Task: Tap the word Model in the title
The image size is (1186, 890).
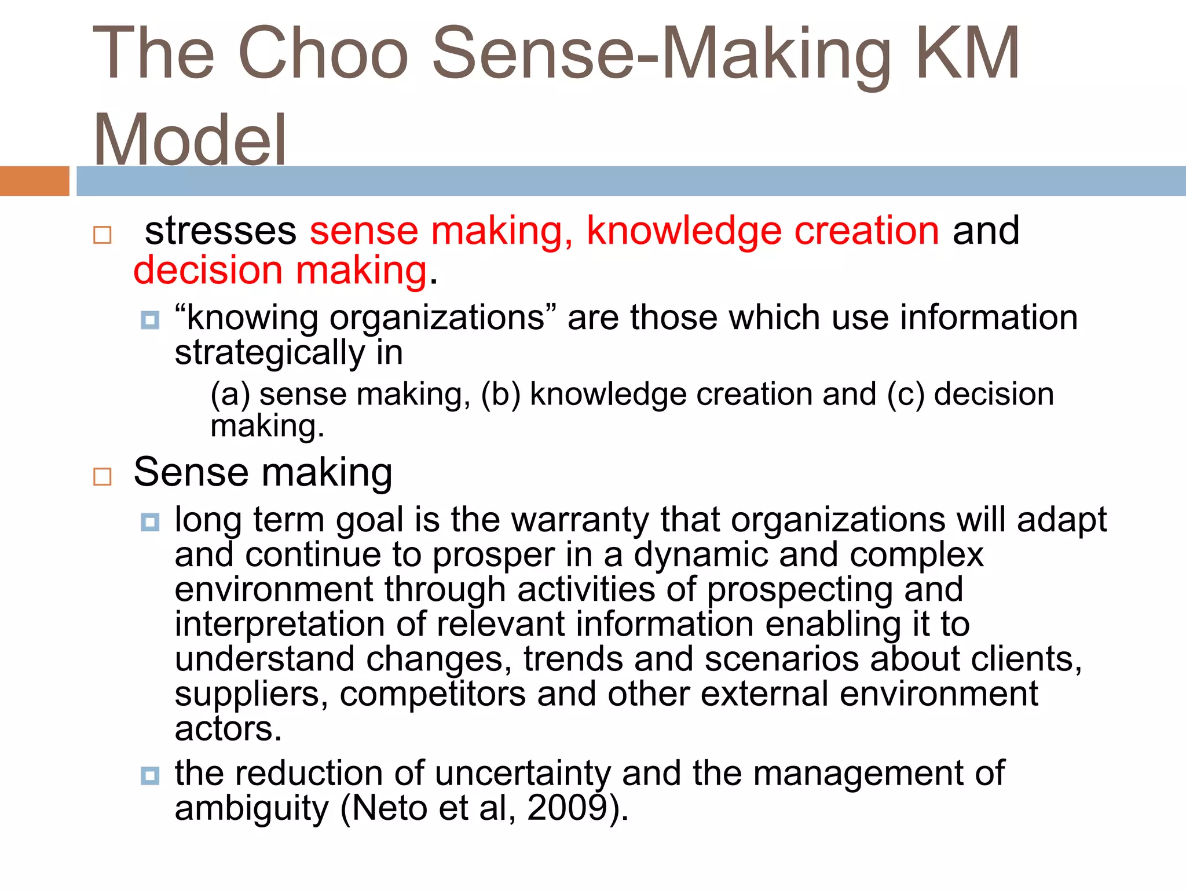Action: pos(189,140)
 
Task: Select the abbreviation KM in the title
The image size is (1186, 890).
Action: pos(968,53)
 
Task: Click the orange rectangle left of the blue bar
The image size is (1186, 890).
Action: pos(34,181)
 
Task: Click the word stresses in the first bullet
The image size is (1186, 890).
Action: pos(221,231)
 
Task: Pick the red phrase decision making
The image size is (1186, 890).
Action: pos(280,271)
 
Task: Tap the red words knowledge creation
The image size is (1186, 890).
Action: pos(763,231)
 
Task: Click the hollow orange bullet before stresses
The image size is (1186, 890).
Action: pos(102,235)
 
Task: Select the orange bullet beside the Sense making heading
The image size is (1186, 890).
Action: pos(102,476)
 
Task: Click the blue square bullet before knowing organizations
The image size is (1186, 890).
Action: pos(150,320)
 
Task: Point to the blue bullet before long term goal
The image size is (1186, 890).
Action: pos(150,522)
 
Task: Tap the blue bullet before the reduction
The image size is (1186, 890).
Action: pos(150,775)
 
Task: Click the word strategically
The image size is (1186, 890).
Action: pos(270,353)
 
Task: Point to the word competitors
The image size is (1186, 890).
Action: pos(433,694)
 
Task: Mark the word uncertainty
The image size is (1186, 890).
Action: pos(522,774)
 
